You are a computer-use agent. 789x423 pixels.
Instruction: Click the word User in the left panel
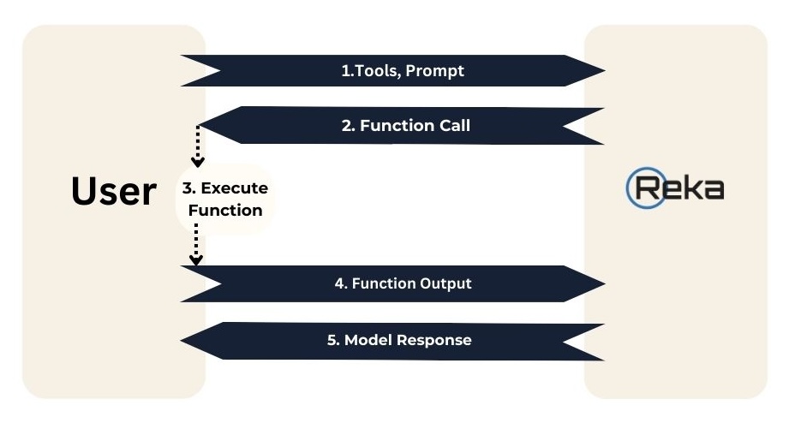click(x=114, y=192)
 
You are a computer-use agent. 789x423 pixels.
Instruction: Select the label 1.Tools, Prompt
click(x=403, y=71)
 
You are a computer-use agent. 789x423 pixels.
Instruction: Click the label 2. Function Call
click(x=406, y=125)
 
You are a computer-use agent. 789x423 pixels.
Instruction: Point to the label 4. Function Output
click(x=403, y=283)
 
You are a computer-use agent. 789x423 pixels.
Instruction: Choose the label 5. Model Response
click(x=399, y=340)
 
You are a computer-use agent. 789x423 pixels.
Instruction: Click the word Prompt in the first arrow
click(x=435, y=71)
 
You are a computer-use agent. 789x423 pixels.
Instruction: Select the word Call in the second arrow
click(x=451, y=125)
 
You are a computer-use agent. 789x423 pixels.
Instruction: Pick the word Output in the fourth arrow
click(x=445, y=283)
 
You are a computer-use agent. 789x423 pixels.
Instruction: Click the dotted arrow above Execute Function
click(x=198, y=146)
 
